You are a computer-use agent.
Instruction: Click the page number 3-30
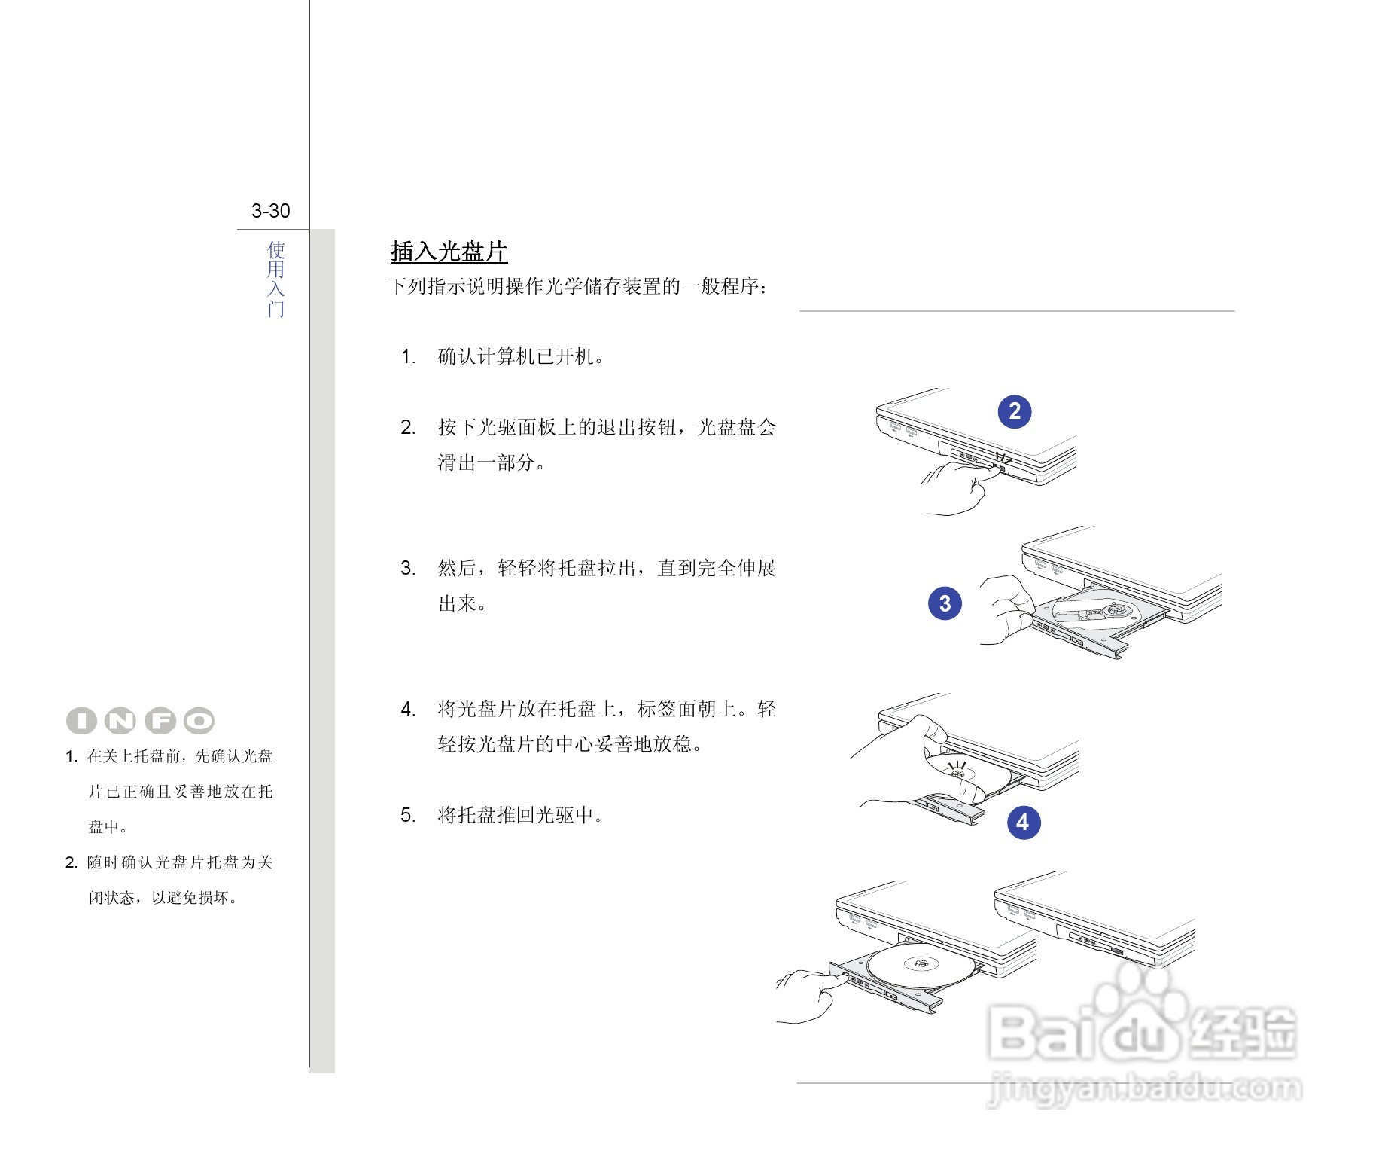tap(270, 211)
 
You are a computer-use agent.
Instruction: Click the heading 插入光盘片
tap(449, 252)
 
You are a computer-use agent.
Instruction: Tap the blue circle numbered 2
tap(1014, 411)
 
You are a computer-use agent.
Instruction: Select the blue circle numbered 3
tap(945, 603)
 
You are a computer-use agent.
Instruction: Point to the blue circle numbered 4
tap(1023, 822)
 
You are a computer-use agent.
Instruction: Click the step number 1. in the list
tap(408, 357)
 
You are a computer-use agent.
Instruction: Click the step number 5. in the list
tap(408, 816)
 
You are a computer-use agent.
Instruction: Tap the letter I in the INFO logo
tap(81, 721)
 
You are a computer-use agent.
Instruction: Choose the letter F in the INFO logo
tap(160, 721)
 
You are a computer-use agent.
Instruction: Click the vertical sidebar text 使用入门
tap(275, 279)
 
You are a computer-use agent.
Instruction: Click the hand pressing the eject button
tap(956, 486)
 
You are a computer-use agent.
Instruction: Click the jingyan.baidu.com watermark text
tap(1144, 1088)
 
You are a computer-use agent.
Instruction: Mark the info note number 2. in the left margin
tap(72, 863)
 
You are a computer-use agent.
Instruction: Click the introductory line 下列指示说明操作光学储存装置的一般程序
tap(578, 287)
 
